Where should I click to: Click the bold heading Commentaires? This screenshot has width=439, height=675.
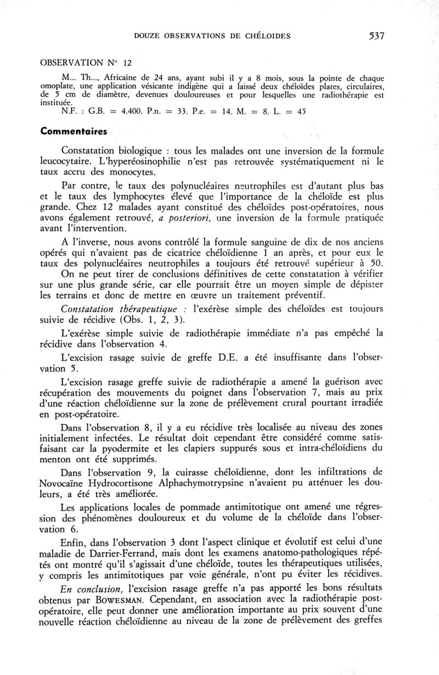[74, 133]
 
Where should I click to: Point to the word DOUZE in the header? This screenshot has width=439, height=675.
[147, 36]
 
